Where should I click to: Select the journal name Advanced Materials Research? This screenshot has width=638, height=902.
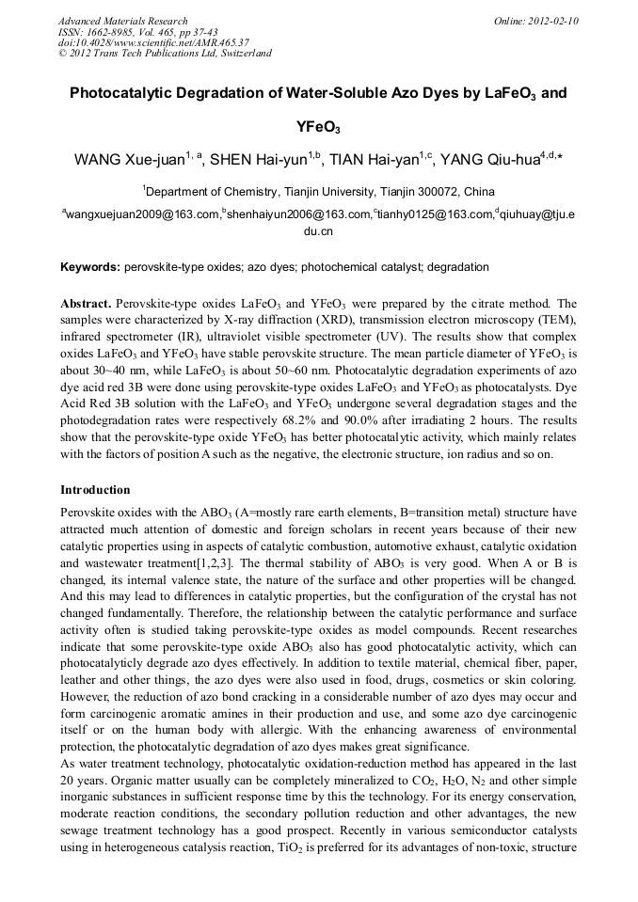coord(122,21)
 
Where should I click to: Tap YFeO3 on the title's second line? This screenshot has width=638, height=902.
coord(318,126)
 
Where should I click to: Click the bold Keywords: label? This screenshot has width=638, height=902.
coord(90,267)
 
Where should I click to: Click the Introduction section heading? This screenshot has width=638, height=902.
coord(95,490)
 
